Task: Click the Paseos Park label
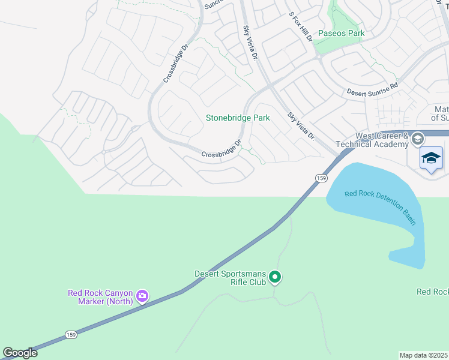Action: [x=341, y=34]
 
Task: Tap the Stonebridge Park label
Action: [x=238, y=118]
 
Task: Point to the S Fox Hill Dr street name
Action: [x=301, y=28]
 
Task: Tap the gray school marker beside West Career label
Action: [x=418, y=140]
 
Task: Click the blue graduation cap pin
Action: [x=431, y=159]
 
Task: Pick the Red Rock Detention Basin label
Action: [x=380, y=207]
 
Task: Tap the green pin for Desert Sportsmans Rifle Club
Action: [x=275, y=277]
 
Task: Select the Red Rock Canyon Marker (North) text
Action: [x=100, y=297]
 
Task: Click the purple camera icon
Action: [x=142, y=296]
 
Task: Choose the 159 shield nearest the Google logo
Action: [x=67, y=333]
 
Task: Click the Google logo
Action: [x=20, y=353]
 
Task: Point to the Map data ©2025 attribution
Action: [x=424, y=355]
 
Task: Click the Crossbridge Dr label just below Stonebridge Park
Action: [x=221, y=150]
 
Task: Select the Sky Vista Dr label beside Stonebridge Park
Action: [x=301, y=126]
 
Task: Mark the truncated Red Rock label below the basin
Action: [x=432, y=292]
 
